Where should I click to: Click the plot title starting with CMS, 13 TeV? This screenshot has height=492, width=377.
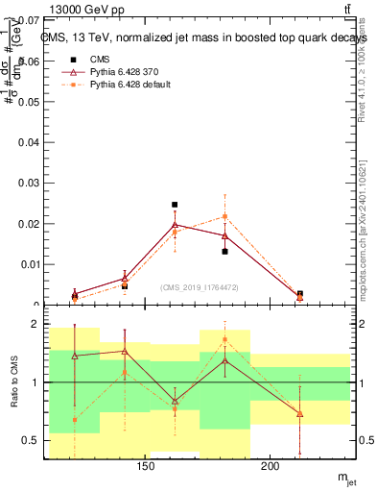(203, 37)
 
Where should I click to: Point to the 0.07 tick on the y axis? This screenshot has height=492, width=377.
(30, 20)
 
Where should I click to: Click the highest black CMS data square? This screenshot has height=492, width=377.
(175, 205)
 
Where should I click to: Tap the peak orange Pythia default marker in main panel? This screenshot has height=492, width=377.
(224, 216)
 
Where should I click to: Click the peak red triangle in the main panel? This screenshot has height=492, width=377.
(175, 225)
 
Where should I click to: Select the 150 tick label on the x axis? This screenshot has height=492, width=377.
(146, 468)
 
